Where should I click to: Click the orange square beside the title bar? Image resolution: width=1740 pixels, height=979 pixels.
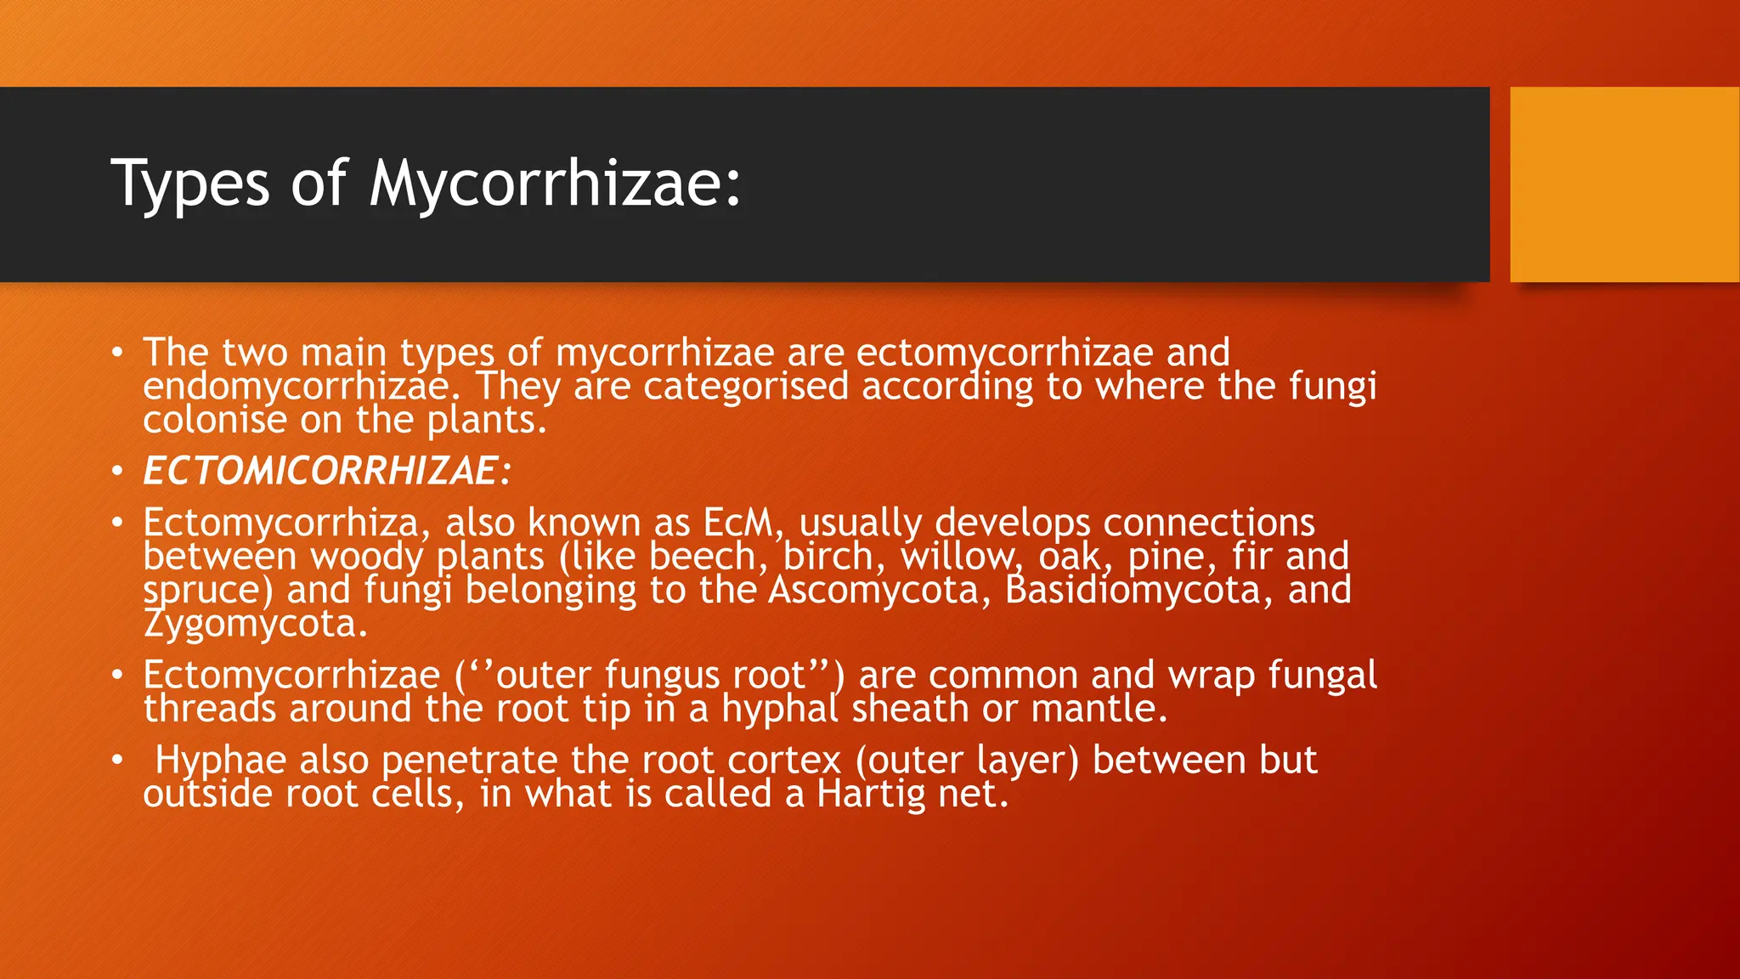point(1624,184)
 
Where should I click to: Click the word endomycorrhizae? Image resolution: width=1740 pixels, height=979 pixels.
point(296,388)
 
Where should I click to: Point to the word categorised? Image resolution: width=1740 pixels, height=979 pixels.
point(745,388)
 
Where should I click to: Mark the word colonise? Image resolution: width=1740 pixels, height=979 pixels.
point(215,421)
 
